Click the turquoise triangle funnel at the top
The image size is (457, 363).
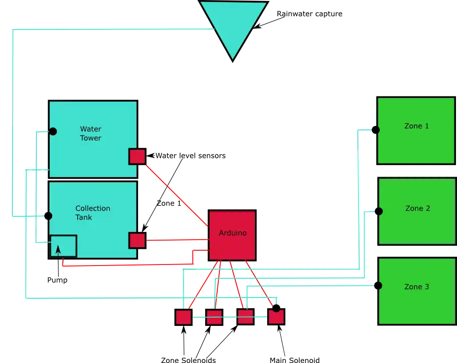233,25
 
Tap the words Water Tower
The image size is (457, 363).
90,134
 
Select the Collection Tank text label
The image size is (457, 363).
92,213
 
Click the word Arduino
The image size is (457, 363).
233,233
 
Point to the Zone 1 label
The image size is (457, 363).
416,126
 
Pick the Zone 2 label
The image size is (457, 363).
417,208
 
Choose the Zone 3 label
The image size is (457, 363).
416,287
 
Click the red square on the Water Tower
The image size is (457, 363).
137,156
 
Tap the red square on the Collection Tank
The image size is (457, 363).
137,240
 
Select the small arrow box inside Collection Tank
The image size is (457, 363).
63,246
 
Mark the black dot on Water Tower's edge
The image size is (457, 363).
52,131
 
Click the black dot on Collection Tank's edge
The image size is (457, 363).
48,216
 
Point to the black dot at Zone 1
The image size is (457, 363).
376,129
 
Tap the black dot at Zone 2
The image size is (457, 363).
378,211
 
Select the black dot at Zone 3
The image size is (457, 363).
378,286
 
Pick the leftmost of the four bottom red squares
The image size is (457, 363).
183,317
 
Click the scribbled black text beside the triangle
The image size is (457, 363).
310,15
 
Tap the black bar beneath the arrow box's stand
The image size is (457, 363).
56,280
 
